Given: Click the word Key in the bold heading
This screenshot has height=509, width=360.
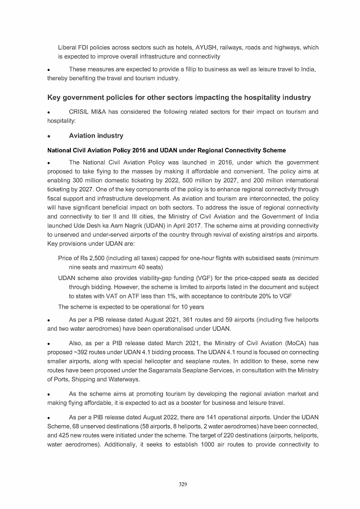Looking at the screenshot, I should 56,97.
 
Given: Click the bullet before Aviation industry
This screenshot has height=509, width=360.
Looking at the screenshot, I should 49,136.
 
